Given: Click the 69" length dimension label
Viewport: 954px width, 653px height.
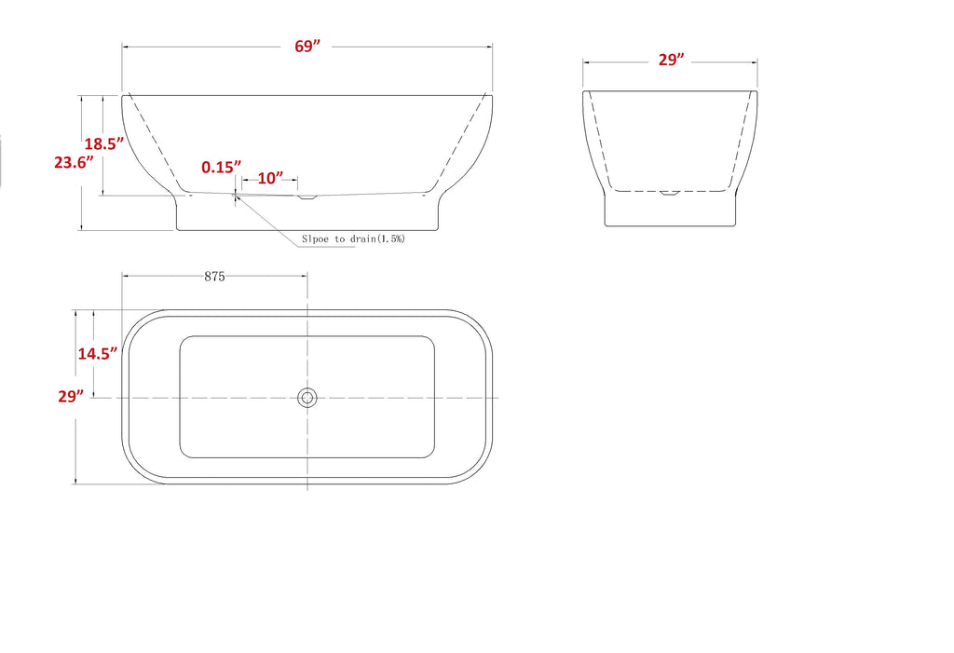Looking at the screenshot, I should pyautogui.click(x=307, y=48).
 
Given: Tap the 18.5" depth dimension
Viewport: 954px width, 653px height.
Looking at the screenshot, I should pyautogui.click(x=104, y=144).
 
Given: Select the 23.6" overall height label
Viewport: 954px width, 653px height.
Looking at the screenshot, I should pyautogui.click(x=74, y=162).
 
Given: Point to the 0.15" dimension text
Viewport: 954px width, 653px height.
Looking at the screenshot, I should pyautogui.click(x=222, y=168).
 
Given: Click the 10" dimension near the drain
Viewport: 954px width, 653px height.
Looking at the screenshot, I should pyautogui.click(x=270, y=178).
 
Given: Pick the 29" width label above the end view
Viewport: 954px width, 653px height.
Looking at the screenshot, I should pyautogui.click(x=671, y=60).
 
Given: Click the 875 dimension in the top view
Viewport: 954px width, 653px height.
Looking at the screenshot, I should pyautogui.click(x=214, y=277).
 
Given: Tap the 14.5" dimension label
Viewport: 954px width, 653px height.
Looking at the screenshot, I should pyautogui.click(x=98, y=354).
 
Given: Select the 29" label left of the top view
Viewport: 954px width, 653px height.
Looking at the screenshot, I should pyautogui.click(x=71, y=397).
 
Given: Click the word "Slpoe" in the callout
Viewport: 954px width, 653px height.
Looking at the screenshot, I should pyautogui.click(x=316, y=239).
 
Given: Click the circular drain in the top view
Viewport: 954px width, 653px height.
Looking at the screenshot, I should pyautogui.click(x=307, y=399).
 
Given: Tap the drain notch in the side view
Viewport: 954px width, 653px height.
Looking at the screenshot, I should pyautogui.click(x=307, y=197).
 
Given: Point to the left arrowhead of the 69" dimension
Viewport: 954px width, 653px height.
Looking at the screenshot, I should pyautogui.click(x=126, y=46).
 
